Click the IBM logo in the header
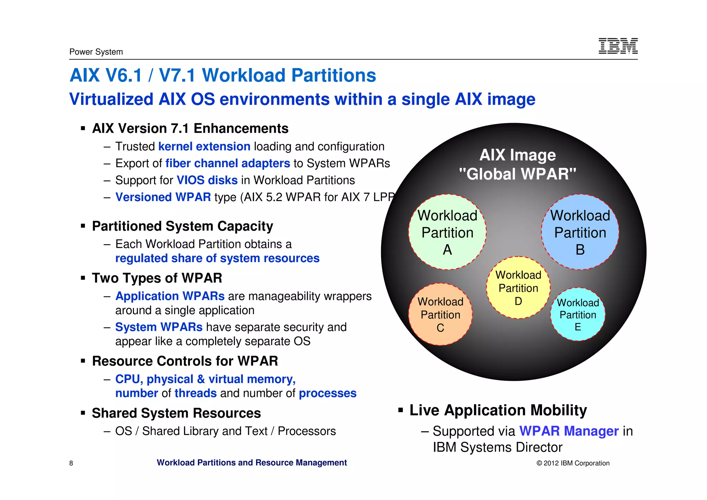[x=618, y=46]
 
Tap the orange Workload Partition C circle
[x=440, y=314]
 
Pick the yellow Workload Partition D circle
[x=518, y=287]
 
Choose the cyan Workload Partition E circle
[x=578, y=314]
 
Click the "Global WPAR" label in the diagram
[x=517, y=174]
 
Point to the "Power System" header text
[x=96, y=52]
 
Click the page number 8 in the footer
[x=71, y=463]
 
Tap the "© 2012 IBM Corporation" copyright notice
[x=573, y=463]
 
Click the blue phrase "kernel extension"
[x=204, y=147]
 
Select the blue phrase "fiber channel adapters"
[x=227, y=163]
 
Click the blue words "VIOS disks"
[x=207, y=180]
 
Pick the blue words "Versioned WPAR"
[x=163, y=197]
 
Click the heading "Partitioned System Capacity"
[x=182, y=226]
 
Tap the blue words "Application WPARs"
[x=170, y=296]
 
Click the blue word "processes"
[x=327, y=393]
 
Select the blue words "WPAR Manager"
[x=569, y=431]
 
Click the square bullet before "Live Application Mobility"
[x=400, y=410]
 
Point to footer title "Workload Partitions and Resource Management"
[x=252, y=463]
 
